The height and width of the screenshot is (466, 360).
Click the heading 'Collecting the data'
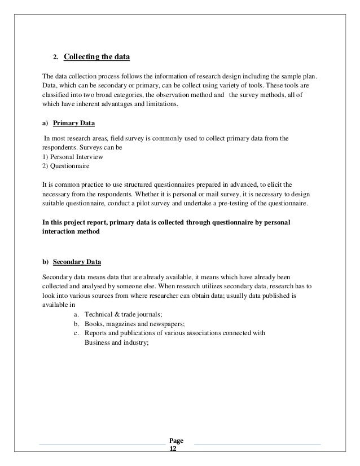pos(97,56)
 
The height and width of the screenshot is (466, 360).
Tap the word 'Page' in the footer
pos(176,442)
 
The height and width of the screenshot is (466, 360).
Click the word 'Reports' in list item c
pos(96,333)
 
